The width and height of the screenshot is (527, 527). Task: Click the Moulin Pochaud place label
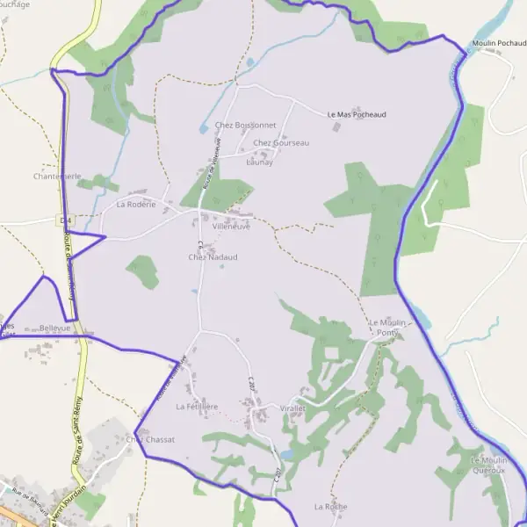click(497, 42)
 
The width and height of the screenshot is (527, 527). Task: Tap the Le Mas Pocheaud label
click(356, 114)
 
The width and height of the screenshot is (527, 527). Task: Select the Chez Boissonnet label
click(245, 125)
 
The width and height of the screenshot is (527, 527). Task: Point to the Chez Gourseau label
click(280, 142)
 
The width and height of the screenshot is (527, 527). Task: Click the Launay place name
click(259, 162)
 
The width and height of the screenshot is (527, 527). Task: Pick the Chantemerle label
click(57, 177)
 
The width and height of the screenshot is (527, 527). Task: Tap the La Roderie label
click(135, 204)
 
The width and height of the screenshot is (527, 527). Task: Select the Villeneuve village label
click(231, 226)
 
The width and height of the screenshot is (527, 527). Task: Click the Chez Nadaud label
click(213, 256)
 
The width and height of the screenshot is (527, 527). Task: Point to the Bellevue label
click(54, 327)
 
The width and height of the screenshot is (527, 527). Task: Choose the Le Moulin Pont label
click(387, 328)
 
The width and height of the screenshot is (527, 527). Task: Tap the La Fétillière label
click(197, 407)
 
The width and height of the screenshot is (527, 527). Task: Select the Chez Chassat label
click(150, 439)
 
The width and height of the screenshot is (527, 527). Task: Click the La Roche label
click(330, 507)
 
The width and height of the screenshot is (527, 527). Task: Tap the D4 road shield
click(65, 218)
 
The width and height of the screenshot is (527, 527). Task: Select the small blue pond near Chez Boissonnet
click(250, 62)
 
